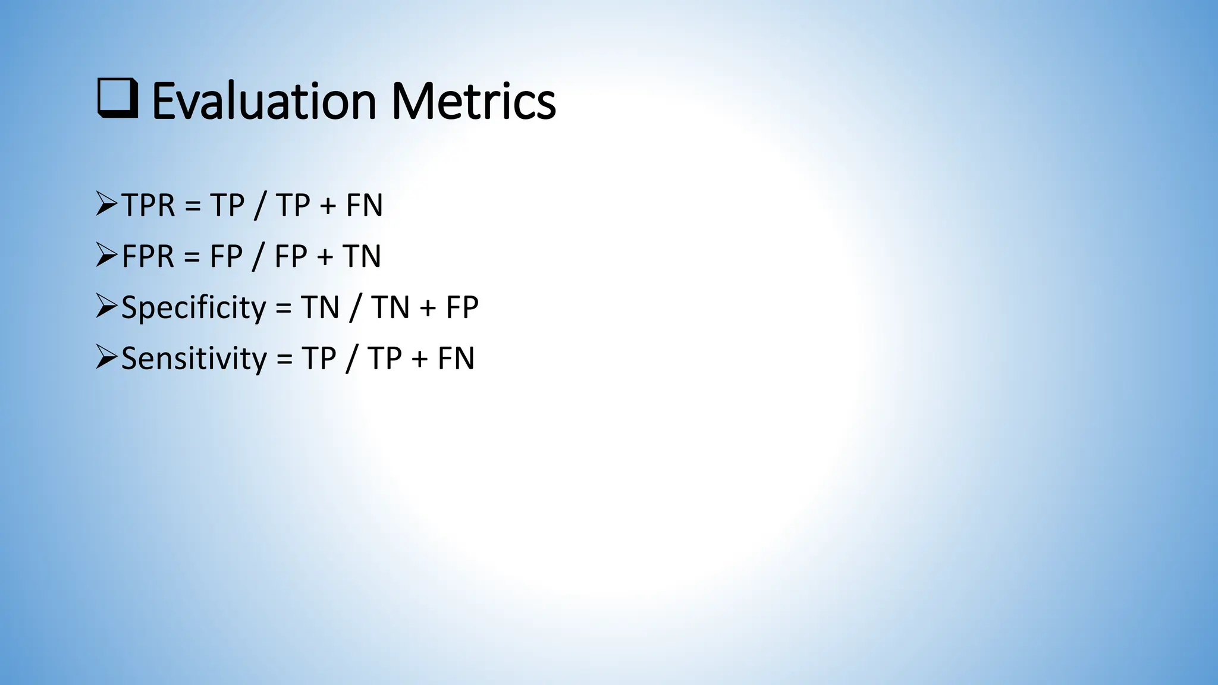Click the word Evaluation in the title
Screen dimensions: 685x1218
coord(264,101)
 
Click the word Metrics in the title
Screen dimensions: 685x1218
coord(473,101)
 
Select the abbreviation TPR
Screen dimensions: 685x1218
coord(148,206)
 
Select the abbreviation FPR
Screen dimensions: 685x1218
coord(148,257)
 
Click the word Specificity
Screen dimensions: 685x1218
coord(193,308)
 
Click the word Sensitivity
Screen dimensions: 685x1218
coord(194,359)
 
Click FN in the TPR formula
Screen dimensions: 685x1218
coord(364,206)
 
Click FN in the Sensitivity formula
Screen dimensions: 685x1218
coord(456,359)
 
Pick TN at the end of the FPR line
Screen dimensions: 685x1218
coord(362,257)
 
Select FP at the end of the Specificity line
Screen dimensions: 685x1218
coord(462,308)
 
